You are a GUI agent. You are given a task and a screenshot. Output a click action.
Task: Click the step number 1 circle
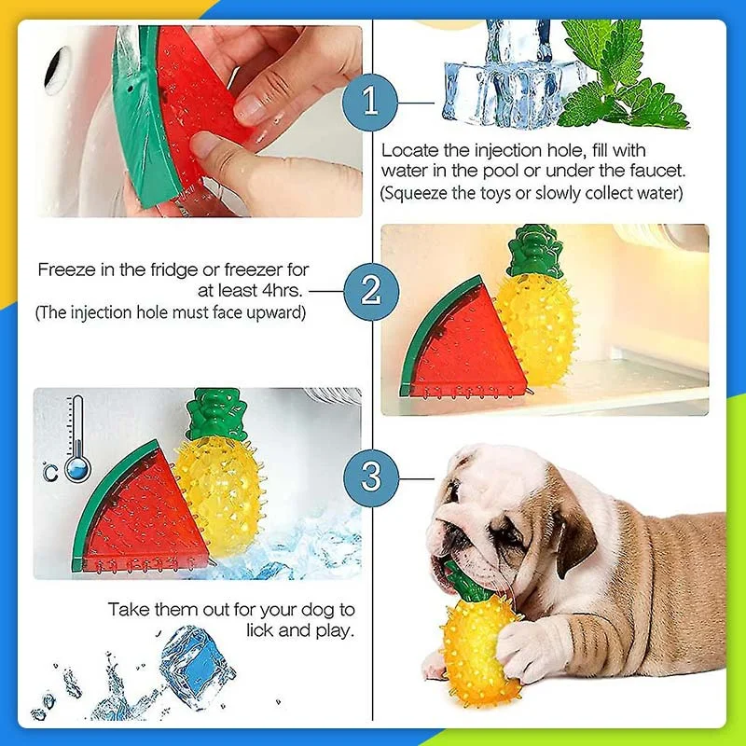click(371, 100)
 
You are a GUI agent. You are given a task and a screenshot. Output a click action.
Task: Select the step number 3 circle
click(371, 478)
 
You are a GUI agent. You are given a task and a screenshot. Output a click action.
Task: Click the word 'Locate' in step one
click(408, 150)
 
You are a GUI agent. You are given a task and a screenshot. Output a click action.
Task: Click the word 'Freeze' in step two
click(64, 270)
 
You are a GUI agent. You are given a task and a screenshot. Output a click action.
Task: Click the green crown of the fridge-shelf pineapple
click(532, 251)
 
